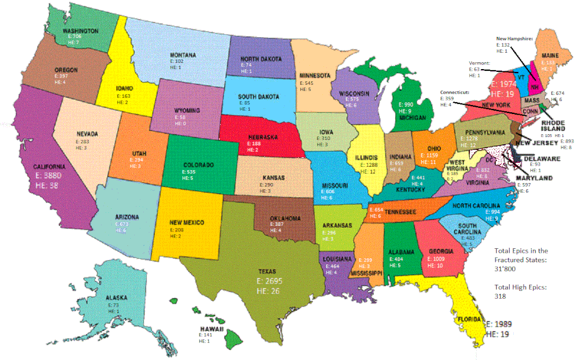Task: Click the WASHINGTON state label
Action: tap(81, 31)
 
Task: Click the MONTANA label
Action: tap(183, 55)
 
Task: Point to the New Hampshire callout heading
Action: tap(515, 38)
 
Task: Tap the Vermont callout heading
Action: tap(480, 63)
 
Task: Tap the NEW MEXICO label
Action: tap(185, 222)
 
